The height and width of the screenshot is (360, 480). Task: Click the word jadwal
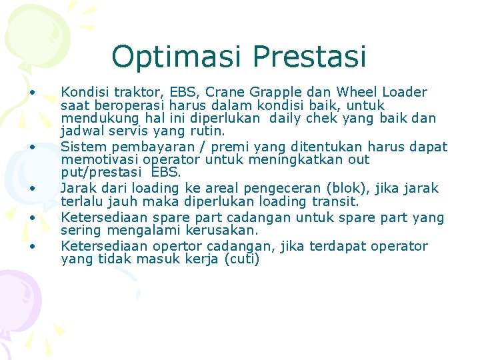click(x=81, y=133)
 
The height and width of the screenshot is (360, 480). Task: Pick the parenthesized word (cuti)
click(x=240, y=260)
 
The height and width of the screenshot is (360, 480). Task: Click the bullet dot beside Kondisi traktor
click(x=31, y=92)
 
